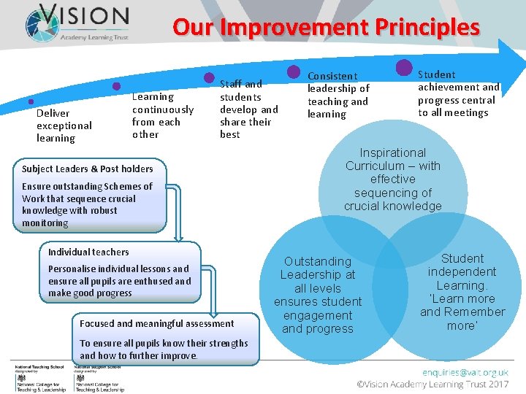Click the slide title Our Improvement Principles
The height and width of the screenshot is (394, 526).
pos(326,27)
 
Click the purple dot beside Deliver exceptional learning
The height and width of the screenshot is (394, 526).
pos(30,101)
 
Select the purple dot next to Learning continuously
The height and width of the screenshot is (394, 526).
pos(115,86)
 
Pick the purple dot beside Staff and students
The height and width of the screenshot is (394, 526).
pos(208,77)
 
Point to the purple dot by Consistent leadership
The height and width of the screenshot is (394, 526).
pos(294,72)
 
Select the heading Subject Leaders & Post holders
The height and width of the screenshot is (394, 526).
pos(87,169)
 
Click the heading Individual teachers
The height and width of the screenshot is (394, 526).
pos(88,252)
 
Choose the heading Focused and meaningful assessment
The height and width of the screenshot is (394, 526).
pos(156,323)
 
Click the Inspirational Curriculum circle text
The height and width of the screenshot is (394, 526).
pos(393,179)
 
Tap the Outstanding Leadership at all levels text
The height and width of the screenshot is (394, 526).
pos(318,295)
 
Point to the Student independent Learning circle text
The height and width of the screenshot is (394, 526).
pos(462,272)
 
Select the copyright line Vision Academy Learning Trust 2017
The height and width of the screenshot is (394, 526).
pos(432,384)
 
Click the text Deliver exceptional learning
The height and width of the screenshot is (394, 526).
pos(64,125)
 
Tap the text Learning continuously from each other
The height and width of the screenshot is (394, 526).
pos(163,115)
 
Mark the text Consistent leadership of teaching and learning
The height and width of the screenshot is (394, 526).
pos(338,95)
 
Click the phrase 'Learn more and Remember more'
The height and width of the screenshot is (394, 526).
pos(462,312)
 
